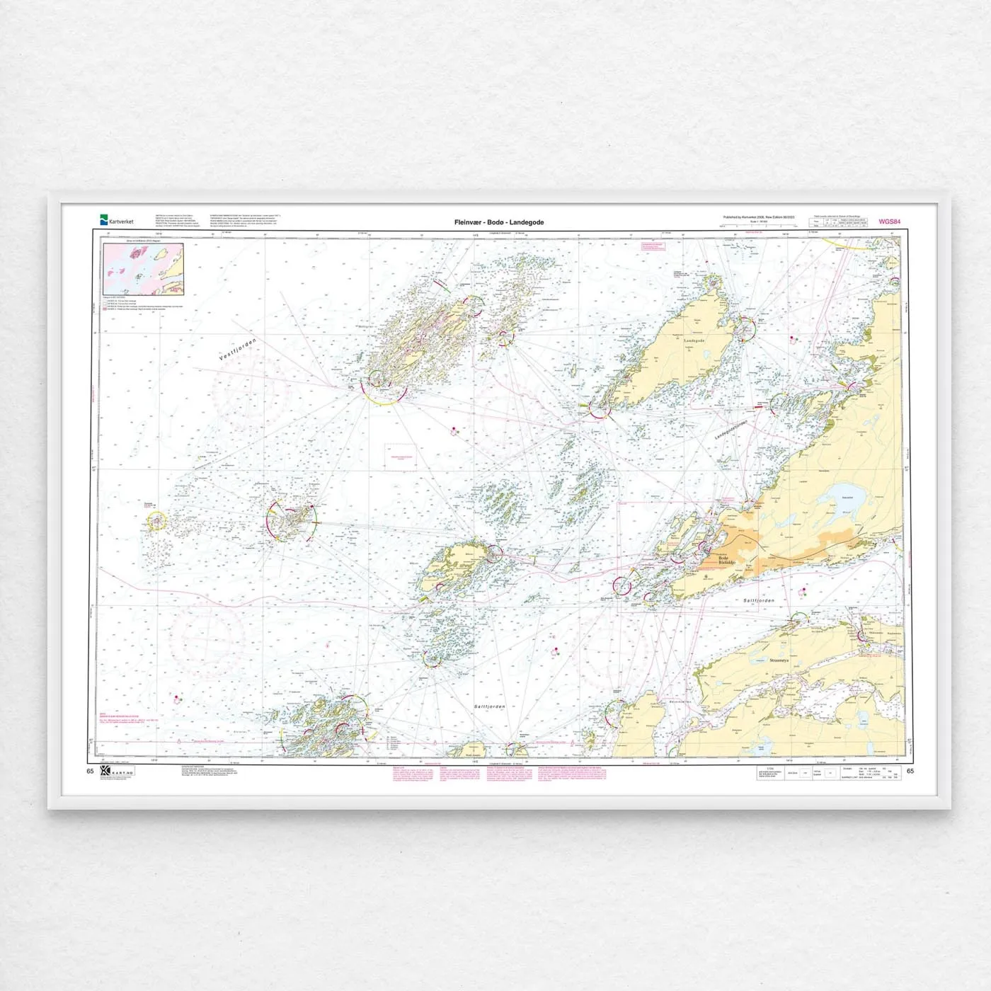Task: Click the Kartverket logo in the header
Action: click(x=116, y=222)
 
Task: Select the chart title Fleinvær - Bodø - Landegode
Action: click(x=499, y=222)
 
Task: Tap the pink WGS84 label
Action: click(x=890, y=222)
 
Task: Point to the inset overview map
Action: click(x=144, y=269)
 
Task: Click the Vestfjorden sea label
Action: click(x=237, y=350)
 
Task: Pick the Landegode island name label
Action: click(x=694, y=340)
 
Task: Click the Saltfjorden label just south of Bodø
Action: click(x=759, y=600)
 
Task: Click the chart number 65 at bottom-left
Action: click(x=90, y=771)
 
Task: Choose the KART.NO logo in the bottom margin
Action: click(x=118, y=771)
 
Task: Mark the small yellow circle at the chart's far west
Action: click(x=156, y=522)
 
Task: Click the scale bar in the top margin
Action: click(x=757, y=226)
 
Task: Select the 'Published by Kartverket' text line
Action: click(x=759, y=217)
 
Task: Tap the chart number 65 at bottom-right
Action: click(x=910, y=771)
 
